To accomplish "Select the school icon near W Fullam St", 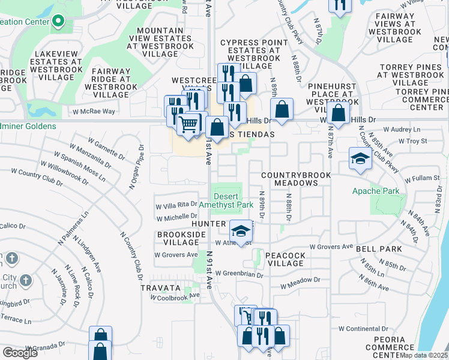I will click(x=360, y=159).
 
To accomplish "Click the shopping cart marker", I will click(x=188, y=125).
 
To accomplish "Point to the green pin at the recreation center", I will click(x=58, y=22).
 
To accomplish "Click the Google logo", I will click(x=20, y=353).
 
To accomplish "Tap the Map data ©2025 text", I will click(x=424, y=355).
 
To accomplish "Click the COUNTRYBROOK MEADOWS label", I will click(x=288, y=179).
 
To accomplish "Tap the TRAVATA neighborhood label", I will click(x=160, y=288).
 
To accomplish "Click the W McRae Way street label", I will click(x=94, y=112).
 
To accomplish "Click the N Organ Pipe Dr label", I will click(x=136, y=166).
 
